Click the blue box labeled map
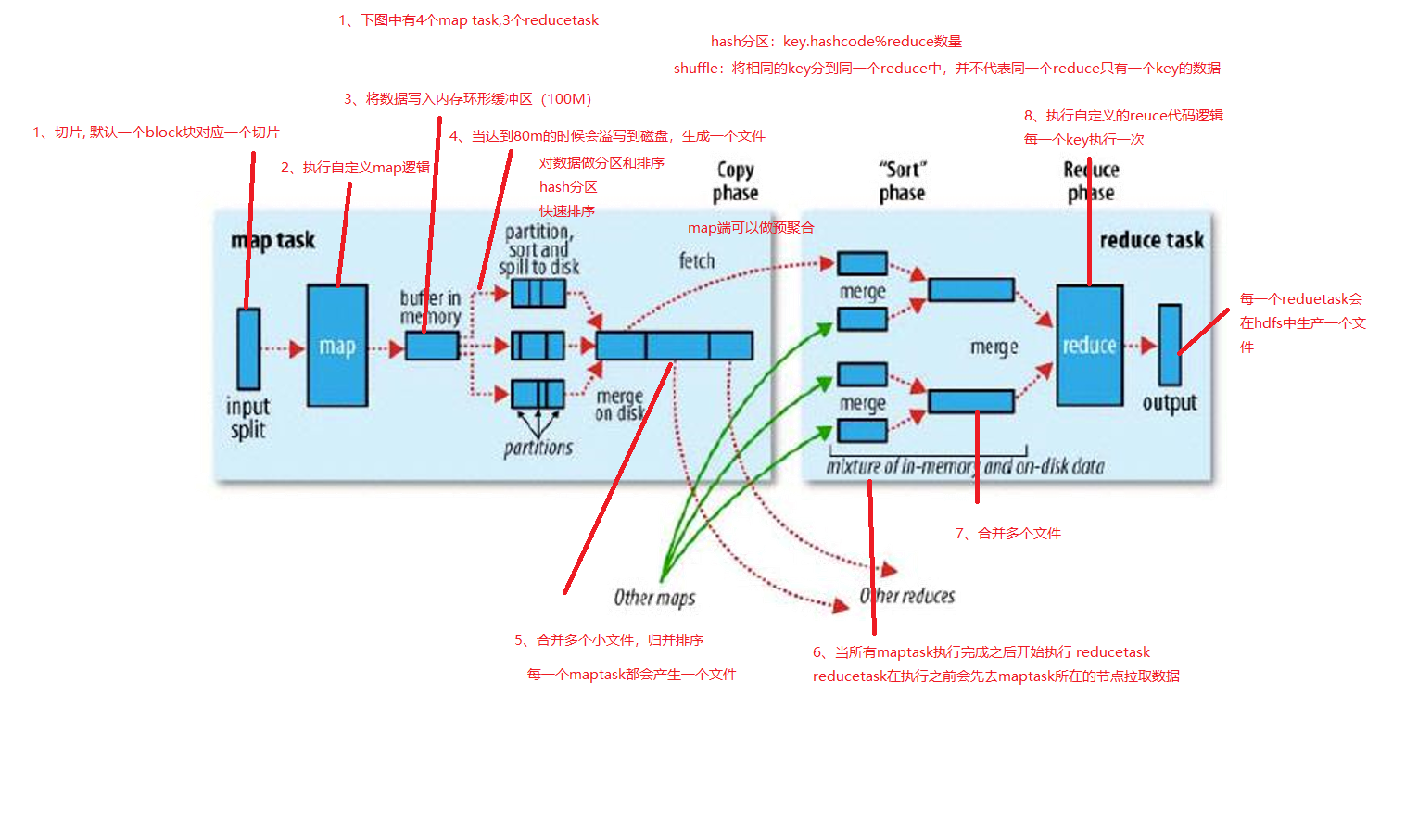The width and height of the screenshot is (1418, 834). point(337,345)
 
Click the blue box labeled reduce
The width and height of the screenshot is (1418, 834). point(1089,345)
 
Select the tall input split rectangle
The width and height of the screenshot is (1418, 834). point(248,348)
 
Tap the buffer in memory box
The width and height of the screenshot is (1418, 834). point(432,346)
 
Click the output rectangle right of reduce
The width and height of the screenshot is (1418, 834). point(1170,345)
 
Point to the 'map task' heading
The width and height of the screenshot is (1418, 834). point(272,241)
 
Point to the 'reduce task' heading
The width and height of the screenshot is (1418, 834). point(1151,240)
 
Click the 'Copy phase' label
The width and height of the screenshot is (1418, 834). point(735,182)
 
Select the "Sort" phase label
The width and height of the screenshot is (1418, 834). point(902,182)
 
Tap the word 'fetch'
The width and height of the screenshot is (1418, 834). point(697,261)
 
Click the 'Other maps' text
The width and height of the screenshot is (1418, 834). point(654,598)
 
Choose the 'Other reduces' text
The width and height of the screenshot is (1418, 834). point(907,596)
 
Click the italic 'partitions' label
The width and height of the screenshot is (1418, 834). point(538,449)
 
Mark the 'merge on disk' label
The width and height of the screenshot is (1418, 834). point(619,405)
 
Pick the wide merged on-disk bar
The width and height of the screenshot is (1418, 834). point(674,346)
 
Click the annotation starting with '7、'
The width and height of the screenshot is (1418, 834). point(1007,533)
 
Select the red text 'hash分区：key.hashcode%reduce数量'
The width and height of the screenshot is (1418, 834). point(836,42)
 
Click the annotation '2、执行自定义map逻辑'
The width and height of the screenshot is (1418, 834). point(355,168)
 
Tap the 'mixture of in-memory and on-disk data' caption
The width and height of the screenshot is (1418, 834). point(965,466)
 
